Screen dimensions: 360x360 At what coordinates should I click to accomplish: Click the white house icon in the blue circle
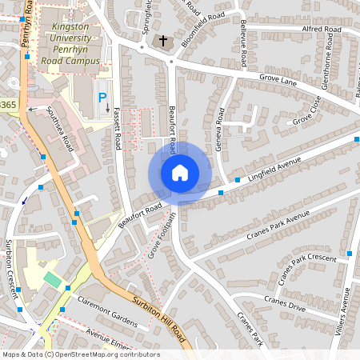180,173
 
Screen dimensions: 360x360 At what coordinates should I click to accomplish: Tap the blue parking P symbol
102,98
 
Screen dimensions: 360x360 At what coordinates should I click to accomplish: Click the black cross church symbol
163,40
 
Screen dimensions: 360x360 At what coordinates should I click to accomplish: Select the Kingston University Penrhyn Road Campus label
75,43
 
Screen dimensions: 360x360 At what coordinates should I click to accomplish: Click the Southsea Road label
60,130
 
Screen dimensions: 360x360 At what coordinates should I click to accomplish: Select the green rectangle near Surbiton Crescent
52,279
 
